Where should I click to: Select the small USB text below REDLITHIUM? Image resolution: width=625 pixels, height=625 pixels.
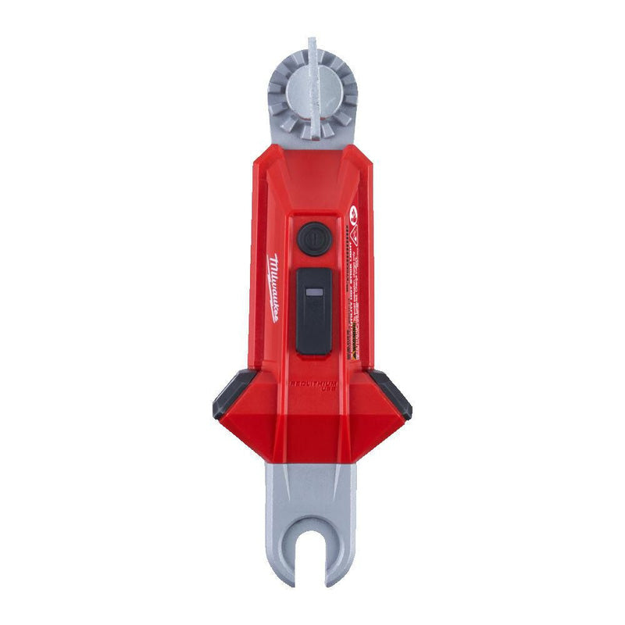pos(322,391)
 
